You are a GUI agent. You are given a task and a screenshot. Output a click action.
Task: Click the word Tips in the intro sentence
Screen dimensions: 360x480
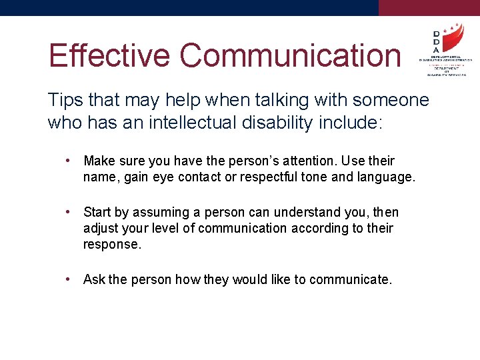[x=64, y=100]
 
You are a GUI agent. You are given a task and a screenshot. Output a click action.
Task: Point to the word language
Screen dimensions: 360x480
[x=387, y=177]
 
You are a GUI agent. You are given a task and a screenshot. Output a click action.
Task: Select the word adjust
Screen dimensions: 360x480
[x=100, y=229]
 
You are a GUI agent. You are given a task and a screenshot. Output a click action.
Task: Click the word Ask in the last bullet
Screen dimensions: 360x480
[x=94, y=279]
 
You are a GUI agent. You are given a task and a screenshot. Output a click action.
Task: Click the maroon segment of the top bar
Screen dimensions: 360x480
[x=429, y=7]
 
